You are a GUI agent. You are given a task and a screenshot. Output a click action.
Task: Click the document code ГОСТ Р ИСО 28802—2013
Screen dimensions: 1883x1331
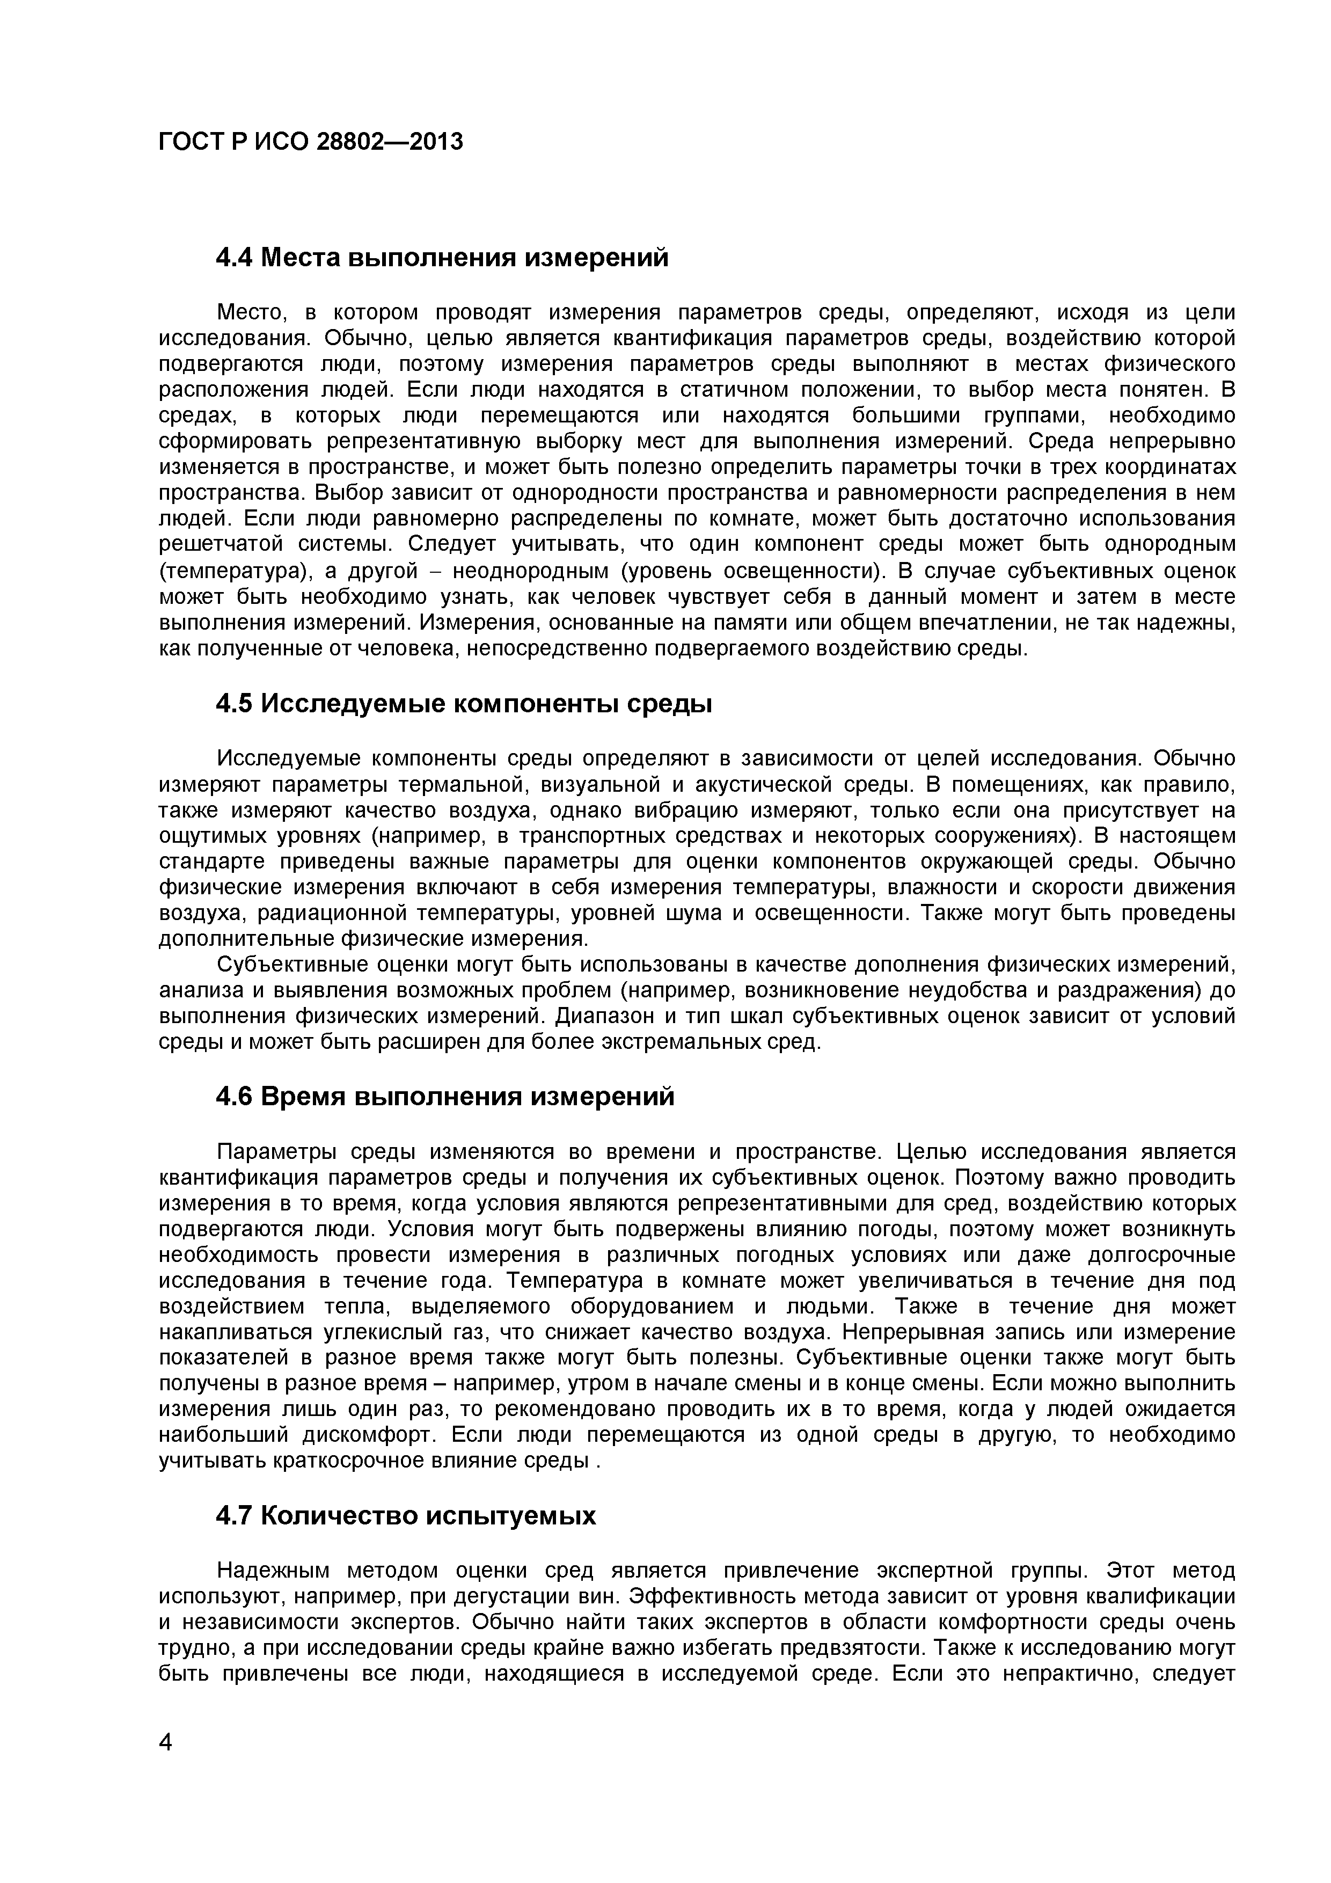point(311,142)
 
